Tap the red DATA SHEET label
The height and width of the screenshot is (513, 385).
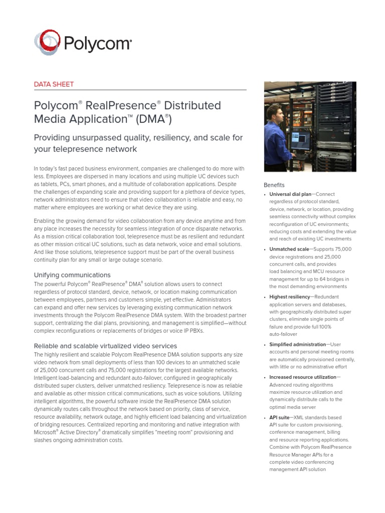53,84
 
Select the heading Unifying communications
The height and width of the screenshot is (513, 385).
72,275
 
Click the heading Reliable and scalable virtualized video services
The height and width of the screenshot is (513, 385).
105,346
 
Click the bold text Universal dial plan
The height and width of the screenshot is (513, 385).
290,194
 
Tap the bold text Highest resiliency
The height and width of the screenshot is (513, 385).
289,297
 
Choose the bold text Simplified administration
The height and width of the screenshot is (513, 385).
297,344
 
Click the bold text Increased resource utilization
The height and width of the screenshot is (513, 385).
302,377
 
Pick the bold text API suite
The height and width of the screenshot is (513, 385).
280,417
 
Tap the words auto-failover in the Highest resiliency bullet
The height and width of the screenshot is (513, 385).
283,334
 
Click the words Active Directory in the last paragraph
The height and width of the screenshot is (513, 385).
80,432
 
